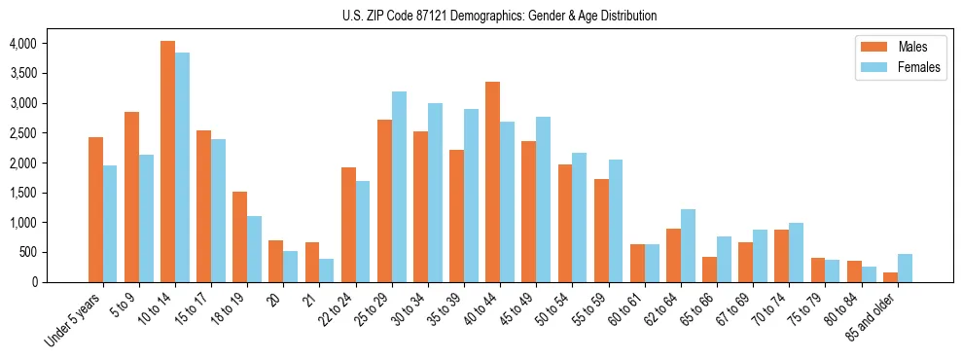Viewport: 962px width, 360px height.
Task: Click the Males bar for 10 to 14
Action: [167, 162]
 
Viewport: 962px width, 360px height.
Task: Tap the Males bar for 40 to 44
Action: [492, 182]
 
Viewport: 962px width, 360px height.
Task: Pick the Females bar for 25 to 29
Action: [399, 187]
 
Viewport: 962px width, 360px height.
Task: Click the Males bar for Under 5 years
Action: [95, 209]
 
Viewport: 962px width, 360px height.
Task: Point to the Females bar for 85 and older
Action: [905, 269]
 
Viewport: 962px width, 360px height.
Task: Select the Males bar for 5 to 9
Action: [131, 197]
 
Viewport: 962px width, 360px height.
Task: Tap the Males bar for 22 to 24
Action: [348, 225]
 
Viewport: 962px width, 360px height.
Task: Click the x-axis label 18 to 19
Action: [231, 309]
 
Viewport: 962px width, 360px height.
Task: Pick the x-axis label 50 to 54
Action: [554, 309]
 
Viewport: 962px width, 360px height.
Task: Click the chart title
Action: [499, 16]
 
